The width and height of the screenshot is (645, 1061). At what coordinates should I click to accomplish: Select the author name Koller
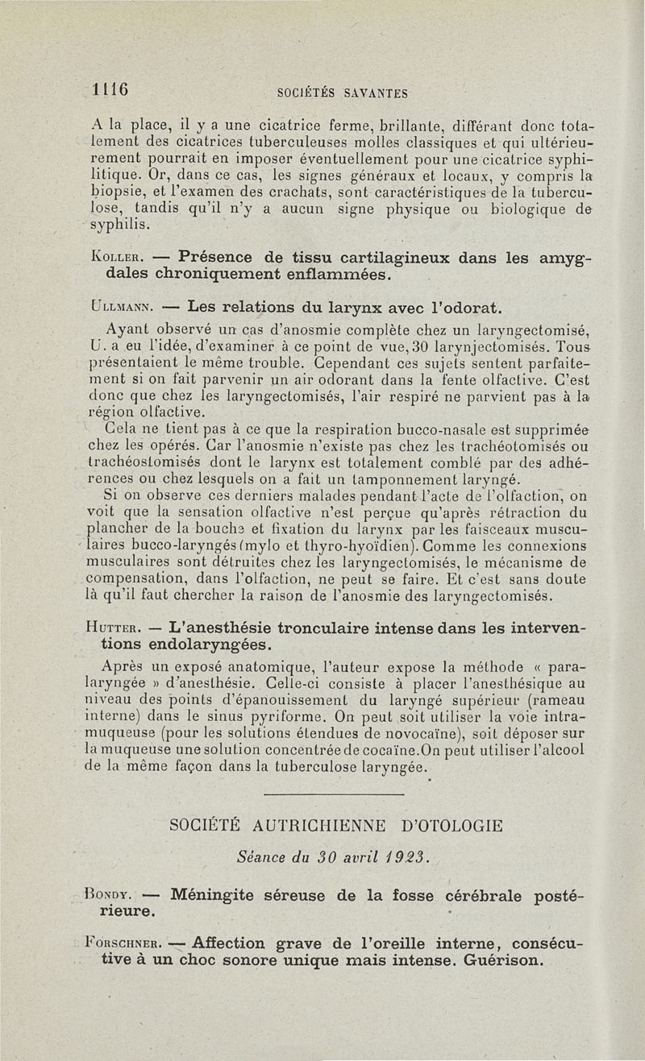tap(118, 259)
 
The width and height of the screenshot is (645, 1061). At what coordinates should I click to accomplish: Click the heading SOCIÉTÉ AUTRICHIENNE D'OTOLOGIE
tap(336, 826)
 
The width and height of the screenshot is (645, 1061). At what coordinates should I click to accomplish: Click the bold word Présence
tap(213, 258)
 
